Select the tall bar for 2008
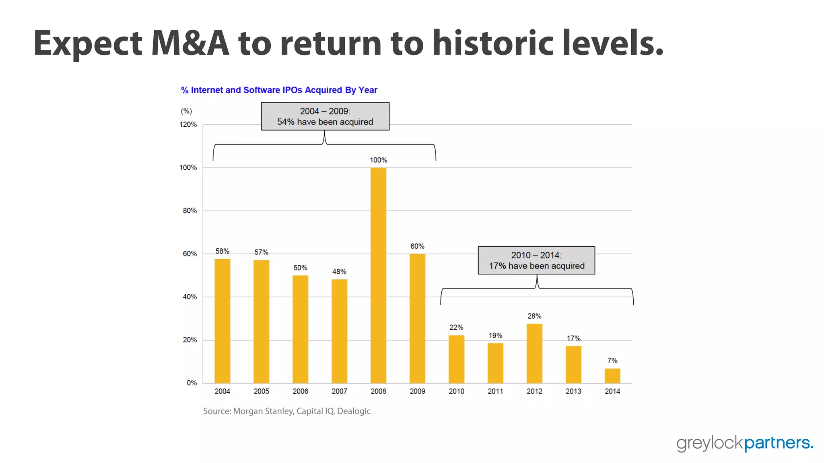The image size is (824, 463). pos(378,275)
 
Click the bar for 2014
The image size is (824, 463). pos(612,376)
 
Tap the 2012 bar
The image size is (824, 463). pos(534,353)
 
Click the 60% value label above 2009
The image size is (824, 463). pos(417,246)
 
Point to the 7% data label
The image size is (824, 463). pos(612,361)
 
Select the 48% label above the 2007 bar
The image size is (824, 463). pos(339,272)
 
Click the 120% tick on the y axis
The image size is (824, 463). pos(188,125)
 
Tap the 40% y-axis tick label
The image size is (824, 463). pos(190,297)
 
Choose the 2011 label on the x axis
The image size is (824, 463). pos(495,391)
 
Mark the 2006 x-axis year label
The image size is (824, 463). pos(300,391)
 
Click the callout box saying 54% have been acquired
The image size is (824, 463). pos(325,117)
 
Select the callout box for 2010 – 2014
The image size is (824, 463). pos(536,260)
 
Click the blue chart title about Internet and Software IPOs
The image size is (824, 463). pos(279,90)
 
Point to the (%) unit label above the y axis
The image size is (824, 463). pos(186,111)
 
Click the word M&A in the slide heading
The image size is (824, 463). pos(190,43)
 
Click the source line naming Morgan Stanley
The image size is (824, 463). pos(286,411)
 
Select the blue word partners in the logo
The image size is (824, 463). pos(778,443)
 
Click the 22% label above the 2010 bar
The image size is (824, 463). pos(456,328)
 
